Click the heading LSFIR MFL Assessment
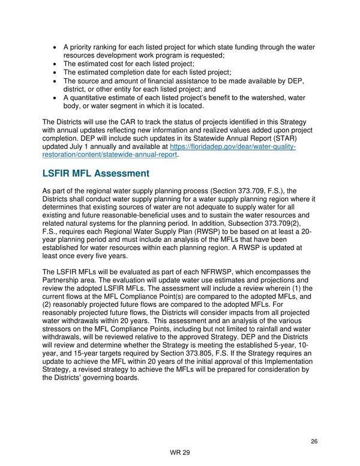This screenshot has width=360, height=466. pyautogui.click(x=95, y=174)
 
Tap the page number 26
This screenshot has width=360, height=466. pyautogui.click(x=314, y=441)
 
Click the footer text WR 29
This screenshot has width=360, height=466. pyautogui.click(x=179, y=453)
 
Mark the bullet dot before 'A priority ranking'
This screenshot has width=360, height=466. pyautogui.click(x=56, y=47)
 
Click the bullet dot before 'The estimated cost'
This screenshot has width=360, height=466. pyautogui.click(x=56, y=64)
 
